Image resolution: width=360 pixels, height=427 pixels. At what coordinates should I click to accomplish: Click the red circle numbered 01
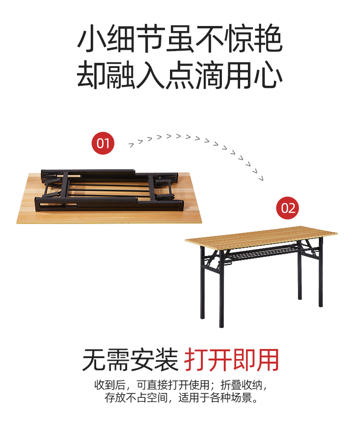103,143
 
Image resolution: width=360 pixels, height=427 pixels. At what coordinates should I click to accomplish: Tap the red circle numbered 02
288,208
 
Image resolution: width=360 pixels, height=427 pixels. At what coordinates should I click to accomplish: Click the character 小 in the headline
91,38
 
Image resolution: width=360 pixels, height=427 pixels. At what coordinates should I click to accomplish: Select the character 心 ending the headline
268,75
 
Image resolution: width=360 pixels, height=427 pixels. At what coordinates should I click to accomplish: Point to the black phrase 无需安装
130,360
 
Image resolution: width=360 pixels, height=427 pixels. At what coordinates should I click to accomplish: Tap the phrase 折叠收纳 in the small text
242,385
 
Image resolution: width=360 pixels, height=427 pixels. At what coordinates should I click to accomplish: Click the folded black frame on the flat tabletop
109,191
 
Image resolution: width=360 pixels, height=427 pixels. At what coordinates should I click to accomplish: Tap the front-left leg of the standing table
221,289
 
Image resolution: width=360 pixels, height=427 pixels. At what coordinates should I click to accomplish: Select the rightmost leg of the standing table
320,272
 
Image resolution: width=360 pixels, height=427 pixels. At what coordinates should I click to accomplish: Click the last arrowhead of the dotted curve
261,179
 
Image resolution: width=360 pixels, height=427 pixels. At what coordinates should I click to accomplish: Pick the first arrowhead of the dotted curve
131,145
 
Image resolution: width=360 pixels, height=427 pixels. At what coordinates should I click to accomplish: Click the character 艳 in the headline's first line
268,38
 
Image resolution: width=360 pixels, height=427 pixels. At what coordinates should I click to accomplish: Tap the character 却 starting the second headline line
91,75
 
